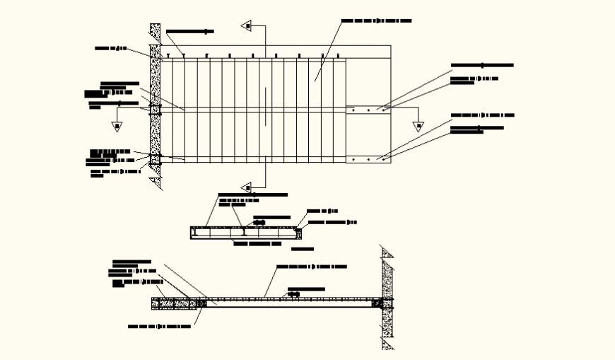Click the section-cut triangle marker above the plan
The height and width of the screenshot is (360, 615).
(247, 26)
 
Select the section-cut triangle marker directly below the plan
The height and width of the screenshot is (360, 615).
(247, 187)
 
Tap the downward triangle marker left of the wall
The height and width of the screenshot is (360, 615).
(117, 127)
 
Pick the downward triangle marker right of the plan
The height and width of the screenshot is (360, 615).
(418, 127)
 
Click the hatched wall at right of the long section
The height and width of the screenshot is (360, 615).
(386, 297)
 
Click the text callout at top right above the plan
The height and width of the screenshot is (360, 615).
(376, 21)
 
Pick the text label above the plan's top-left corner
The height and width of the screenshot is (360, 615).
(189, 32)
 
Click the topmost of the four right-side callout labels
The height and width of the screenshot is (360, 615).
(481, 65)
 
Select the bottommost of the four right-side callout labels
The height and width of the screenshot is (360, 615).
(477, 129)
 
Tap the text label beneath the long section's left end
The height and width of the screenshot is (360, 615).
(159, 327)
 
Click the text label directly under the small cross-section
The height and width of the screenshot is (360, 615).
(257, 244)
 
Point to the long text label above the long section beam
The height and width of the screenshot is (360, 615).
(311, 267)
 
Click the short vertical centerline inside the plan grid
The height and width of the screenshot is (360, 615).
(266, 106)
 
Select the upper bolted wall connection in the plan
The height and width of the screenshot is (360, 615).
(155, 109)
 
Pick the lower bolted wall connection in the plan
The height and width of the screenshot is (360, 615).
(155, 160)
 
